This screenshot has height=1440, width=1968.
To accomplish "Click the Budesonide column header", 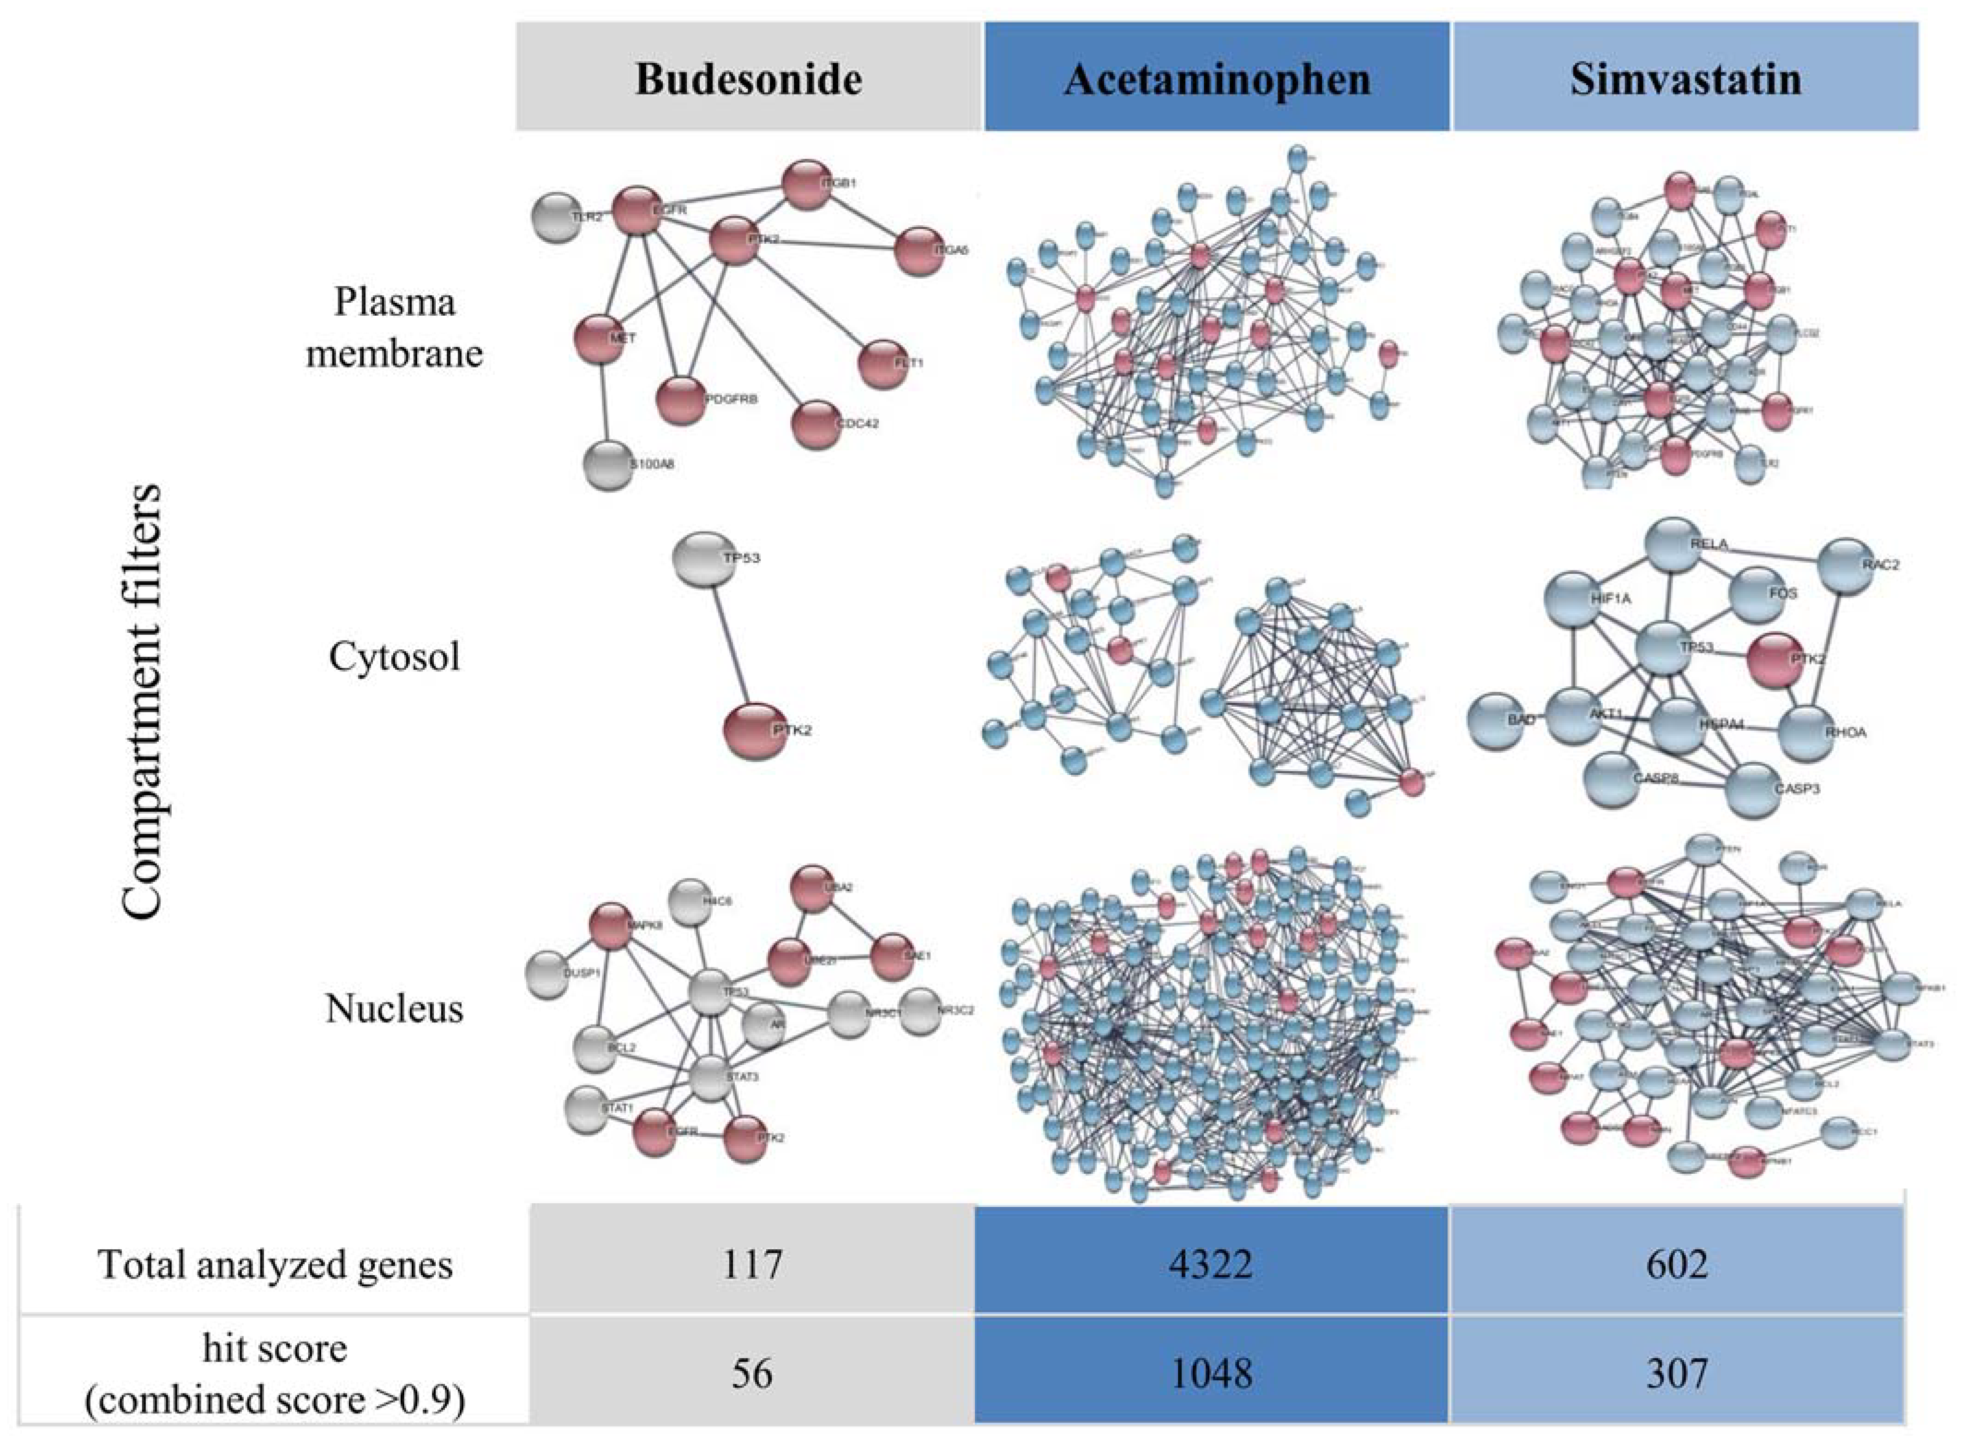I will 749,78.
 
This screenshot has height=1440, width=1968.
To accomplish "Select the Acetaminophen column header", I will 1217,78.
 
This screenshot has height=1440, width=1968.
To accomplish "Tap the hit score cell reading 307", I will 1677,1374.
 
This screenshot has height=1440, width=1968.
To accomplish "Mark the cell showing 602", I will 1677,1263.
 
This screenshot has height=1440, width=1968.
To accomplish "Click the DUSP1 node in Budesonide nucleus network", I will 550,974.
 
